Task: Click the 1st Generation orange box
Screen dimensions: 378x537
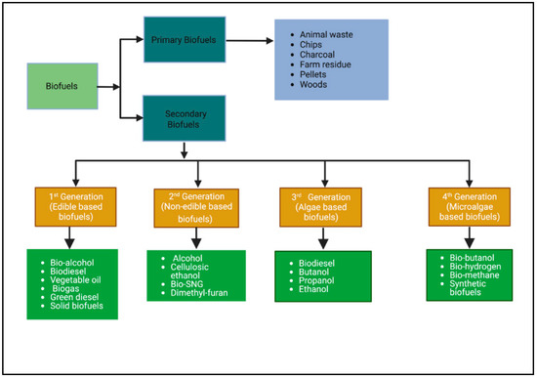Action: pyautogui.click(x=77, y=203)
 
